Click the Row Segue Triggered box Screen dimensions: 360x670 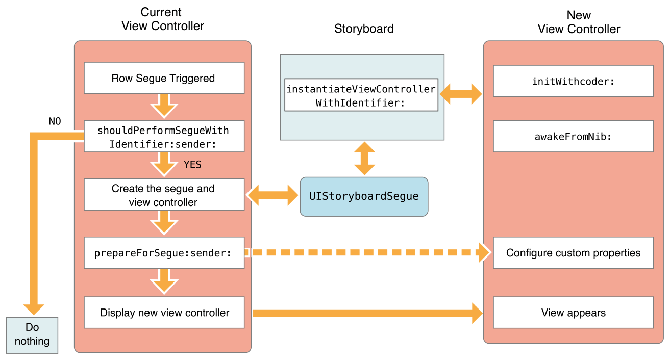pos(164,78)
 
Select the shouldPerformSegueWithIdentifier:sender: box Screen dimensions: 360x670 pos(164,136)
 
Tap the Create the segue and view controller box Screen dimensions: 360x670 pos(164,195)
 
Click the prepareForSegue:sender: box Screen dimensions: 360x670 pos(164,252)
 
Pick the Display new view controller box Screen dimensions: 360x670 pos(164,313)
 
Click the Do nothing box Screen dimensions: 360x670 pos(32,335)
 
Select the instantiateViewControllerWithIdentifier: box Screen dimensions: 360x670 pos(361,95)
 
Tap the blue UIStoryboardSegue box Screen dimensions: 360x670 pos(364,196)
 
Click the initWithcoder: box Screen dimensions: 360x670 pos(573,81)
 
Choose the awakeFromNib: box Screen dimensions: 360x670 pos(573,136)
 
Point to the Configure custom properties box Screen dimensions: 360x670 pos(573,252)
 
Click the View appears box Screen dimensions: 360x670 pos(573,313)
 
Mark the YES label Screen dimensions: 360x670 pos(192,165)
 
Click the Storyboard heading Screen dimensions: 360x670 pos(364,29)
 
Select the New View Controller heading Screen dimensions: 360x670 pos(579,22)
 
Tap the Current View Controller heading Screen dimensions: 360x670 pos(162,19)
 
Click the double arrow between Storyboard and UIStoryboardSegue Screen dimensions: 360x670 pos(364,159)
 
